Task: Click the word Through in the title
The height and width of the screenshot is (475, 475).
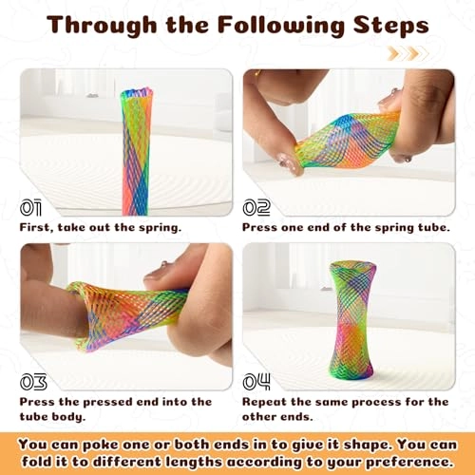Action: coord(102,26)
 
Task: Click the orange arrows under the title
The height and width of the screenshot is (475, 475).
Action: coord(408,53)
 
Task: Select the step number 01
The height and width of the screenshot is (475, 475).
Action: coord(30,208)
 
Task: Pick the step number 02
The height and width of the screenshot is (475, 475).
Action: coord(256,208)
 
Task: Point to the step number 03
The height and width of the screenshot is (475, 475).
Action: coord(33,382)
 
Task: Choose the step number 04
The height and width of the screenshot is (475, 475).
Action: coord(256,382)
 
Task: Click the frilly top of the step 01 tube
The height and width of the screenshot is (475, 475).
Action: coord(137,93)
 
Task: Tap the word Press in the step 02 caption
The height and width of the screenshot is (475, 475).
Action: coord(259,227)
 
